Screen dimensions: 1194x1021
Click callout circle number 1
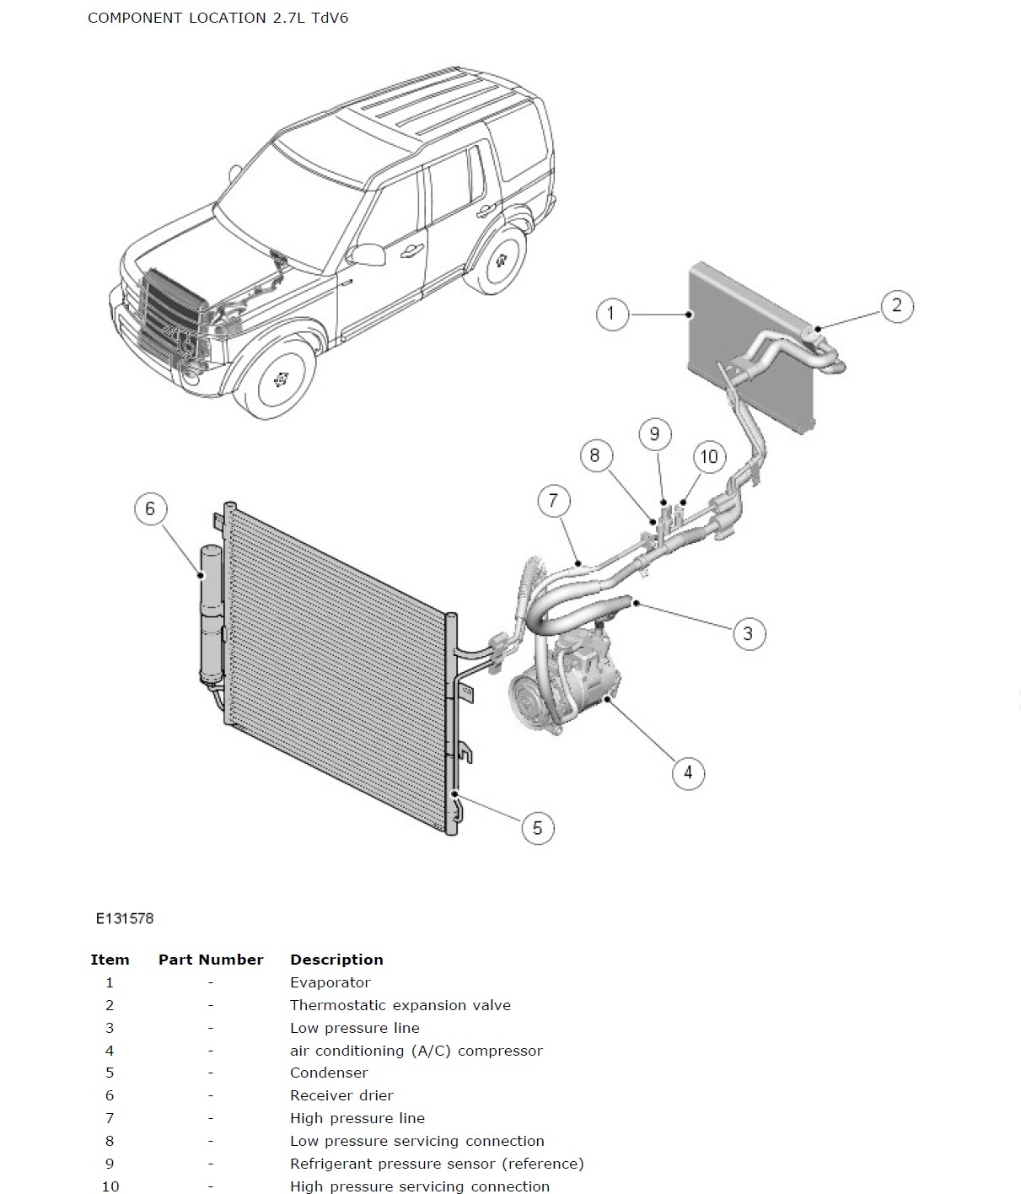611,315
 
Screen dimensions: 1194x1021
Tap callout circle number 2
896,305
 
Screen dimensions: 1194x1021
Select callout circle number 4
688,772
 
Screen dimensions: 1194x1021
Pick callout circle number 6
150,508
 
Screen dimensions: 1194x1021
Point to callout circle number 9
654,434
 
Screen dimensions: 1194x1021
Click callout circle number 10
709,456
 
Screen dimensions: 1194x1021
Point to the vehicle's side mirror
368,254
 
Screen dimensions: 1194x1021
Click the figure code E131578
125,918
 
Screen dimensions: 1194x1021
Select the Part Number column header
211,960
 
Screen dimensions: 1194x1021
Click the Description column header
336,960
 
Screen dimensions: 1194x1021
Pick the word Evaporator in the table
330,982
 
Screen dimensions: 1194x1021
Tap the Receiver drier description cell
341,1095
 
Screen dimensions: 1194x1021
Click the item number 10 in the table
110,1186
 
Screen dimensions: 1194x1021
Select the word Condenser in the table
329,1073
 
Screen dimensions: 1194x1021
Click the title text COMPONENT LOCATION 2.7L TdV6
218,18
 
